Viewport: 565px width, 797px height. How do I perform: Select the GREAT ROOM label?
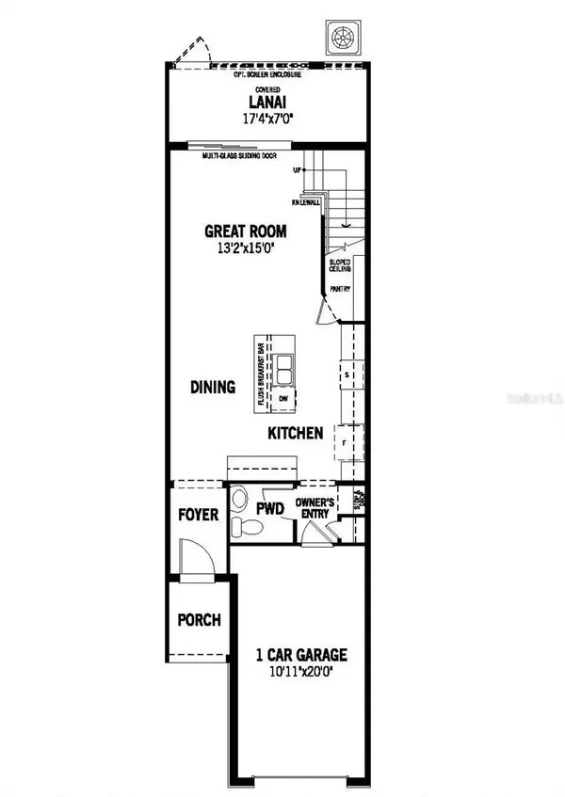246,231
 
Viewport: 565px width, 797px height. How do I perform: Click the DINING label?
213,387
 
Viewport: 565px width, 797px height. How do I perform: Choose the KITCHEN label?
296,433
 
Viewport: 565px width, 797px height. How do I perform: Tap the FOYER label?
198,515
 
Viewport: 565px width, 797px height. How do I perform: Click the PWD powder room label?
271,509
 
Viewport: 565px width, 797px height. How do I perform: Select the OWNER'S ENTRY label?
315,509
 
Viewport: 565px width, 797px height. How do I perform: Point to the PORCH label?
199,620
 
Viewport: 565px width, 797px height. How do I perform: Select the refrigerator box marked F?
346,440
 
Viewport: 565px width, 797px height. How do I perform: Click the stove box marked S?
347,375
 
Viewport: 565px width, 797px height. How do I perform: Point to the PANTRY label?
340,289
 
